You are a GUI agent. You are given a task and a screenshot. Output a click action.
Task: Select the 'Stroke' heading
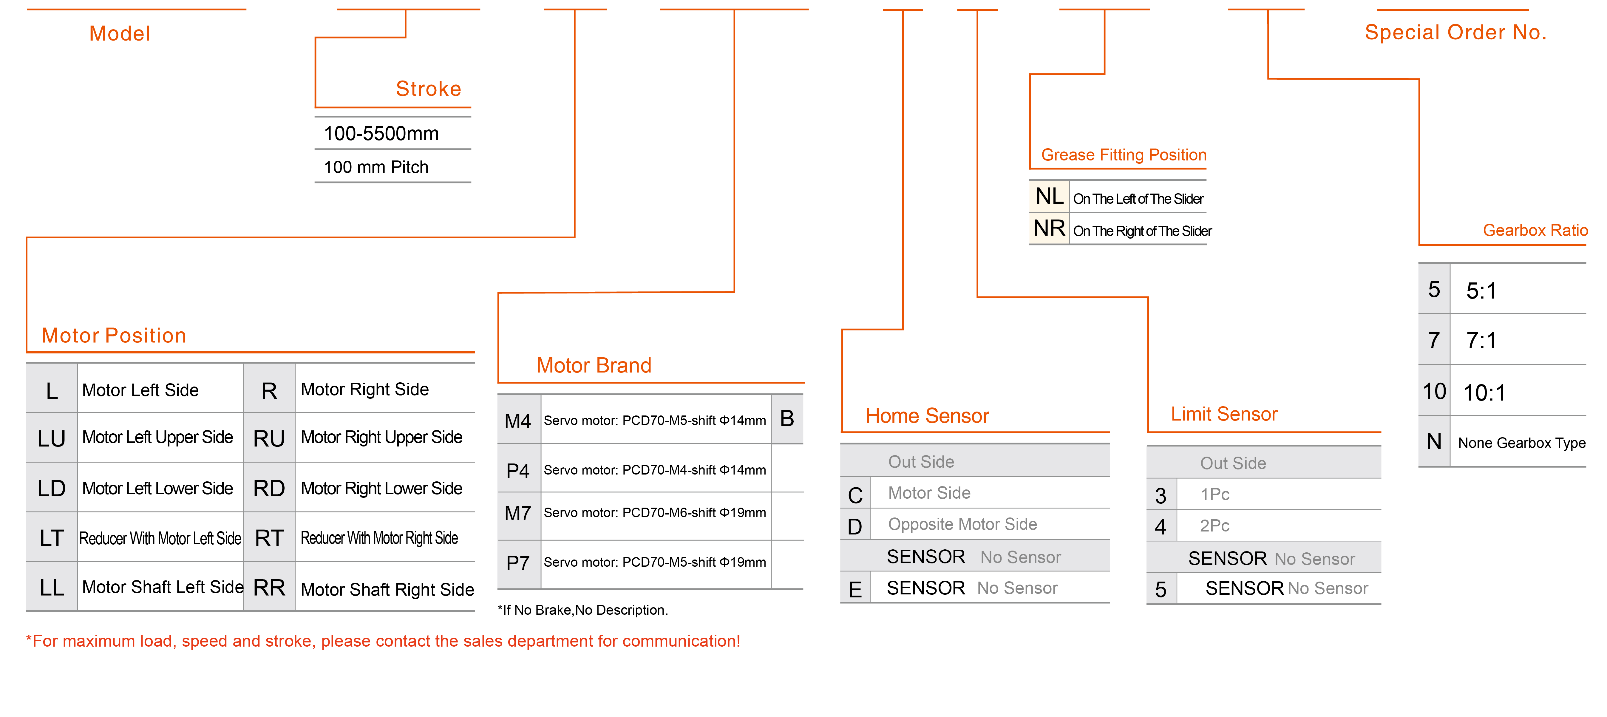tap(429, 89)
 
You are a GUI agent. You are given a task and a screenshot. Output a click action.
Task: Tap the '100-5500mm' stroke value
tap(381, 134)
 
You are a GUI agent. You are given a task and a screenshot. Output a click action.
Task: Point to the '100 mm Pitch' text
tap(376, 167)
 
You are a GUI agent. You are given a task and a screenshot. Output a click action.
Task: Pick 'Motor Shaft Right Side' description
tap(387, 590)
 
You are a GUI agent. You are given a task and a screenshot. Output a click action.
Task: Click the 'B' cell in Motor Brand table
tap(787, 419)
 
